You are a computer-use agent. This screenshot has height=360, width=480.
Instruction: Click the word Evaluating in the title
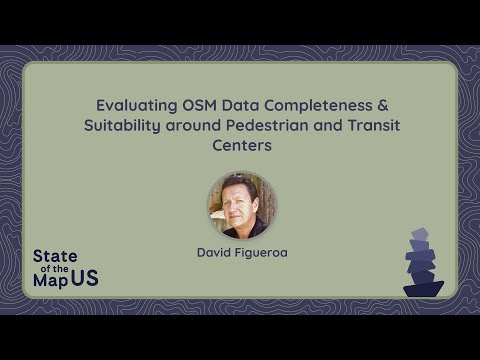coord(137,106)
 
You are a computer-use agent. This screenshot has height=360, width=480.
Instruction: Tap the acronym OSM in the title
coord(199,105)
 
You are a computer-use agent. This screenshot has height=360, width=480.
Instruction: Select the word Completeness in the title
coord(318,106)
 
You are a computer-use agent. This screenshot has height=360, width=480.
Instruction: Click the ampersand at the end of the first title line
coord(383,105)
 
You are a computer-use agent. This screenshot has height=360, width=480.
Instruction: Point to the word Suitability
coord(122,126)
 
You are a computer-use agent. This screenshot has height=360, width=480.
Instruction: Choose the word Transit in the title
coord(374,125)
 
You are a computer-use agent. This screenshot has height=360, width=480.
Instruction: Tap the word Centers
coord(242,145)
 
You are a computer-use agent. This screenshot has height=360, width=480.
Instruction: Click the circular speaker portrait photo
coord(242,205)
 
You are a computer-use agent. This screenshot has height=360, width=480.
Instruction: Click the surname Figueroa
coord(261,253)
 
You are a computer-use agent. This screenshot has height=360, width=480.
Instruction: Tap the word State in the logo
coord(55,256)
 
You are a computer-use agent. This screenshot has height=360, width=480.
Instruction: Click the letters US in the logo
coord(85,278)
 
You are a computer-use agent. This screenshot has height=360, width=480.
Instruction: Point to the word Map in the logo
coord(51,280)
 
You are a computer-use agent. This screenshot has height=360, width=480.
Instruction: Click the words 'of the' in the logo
coord(55,269)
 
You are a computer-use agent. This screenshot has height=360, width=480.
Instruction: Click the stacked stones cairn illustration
coord(424,262)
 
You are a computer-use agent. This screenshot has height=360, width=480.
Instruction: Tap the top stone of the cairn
coord(420,234)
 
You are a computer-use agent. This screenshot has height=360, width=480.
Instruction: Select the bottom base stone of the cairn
coord(424,290)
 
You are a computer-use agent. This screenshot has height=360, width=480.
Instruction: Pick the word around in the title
coord(193,126)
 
